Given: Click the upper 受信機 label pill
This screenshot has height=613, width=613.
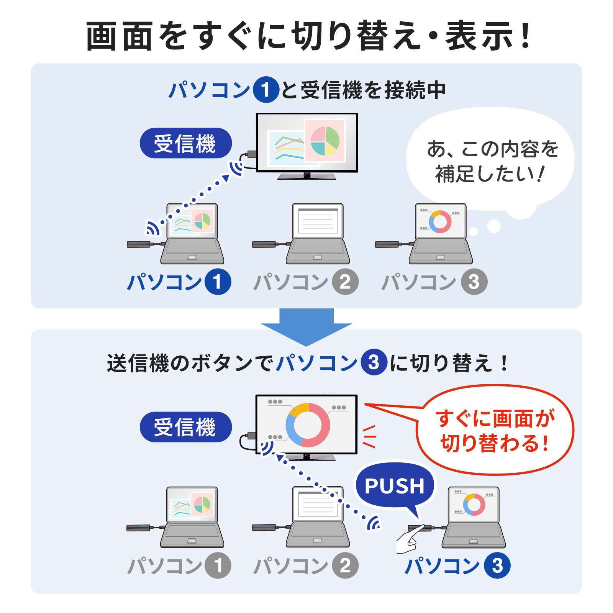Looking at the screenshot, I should click(x=186, y=143).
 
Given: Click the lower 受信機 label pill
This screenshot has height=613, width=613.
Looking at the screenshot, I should click(x=186, y=427).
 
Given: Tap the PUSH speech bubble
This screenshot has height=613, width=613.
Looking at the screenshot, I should click(x=395, y=486).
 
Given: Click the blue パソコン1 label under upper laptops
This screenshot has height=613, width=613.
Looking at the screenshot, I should click(x=179, y=282).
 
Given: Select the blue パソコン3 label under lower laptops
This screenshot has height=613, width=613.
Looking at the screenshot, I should click(x=457, y=565).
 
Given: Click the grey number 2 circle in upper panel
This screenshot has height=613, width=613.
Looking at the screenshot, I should click(x=345, y=282).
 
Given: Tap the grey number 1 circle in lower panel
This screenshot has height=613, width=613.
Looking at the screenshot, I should click(x=218, y=565).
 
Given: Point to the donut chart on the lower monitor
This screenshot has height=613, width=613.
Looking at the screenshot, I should click(x=308, y=425).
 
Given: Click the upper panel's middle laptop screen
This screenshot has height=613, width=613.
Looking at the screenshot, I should click(x=318, y=221).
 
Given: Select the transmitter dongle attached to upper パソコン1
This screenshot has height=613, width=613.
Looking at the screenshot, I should click(x=139, y=244).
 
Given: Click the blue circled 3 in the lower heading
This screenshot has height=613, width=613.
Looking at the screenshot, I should click(x=374, y=362).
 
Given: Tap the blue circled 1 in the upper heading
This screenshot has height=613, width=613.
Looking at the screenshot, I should click(x=266, y=90).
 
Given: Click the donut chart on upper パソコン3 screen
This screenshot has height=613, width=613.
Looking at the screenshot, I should click(x=440, y=221).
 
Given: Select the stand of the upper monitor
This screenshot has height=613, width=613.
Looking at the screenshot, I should click(x=306, y=176).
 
